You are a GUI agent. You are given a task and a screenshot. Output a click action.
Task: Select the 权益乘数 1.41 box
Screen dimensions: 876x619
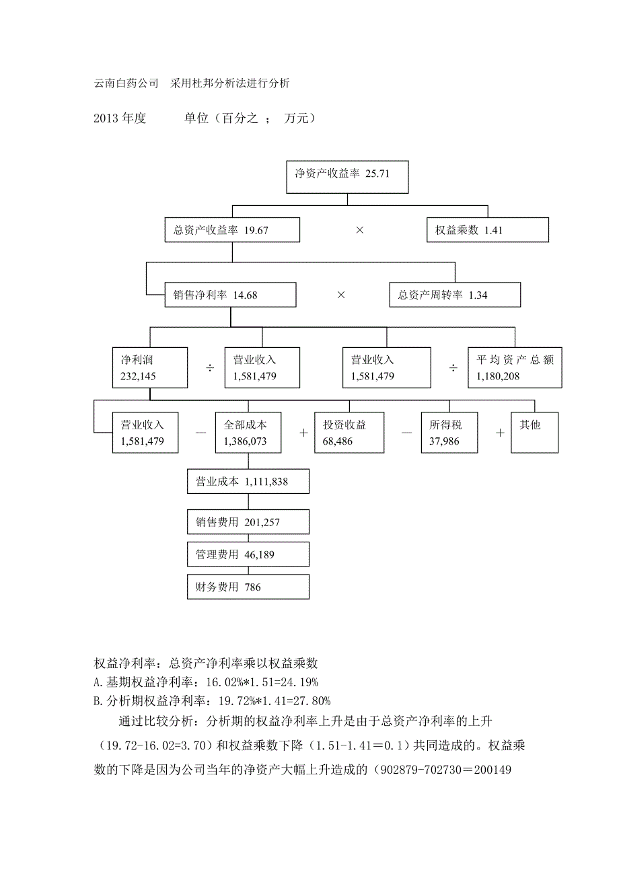pos(488,230)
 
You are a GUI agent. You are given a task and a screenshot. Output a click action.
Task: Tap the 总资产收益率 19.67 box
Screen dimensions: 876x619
pos(232,230)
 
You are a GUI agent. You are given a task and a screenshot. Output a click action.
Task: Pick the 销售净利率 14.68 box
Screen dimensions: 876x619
pos(231,295)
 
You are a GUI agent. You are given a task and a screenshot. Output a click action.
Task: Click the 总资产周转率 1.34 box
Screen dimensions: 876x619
pos(455,295)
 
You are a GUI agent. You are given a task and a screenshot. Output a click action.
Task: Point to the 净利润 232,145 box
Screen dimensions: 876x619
pos(150,368)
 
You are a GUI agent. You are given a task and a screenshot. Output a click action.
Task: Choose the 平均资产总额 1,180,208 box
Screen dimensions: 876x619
pos(515,368)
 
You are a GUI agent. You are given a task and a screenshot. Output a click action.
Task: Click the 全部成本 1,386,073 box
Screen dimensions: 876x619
pos(248,433)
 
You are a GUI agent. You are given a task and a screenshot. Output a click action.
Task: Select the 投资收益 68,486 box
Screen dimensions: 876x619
pos(349,433)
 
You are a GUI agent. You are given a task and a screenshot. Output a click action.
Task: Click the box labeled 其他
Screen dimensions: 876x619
pos(535,433)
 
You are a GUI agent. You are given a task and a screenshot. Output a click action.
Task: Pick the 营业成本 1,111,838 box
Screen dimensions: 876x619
pos(248,482)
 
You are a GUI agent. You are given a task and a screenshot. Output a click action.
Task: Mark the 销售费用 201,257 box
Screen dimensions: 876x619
pos(248,522)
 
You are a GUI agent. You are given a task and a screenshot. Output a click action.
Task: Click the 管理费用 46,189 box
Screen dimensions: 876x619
pos(248,554)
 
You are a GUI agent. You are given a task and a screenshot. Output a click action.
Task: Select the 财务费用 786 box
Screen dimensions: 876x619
pos(248,587)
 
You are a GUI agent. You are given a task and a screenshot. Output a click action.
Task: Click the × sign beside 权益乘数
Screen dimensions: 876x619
pos(360,230)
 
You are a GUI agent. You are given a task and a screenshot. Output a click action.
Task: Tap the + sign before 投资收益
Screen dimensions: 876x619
pos(303,433)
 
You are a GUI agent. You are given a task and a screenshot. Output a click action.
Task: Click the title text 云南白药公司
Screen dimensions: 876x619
pos(126,83)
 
